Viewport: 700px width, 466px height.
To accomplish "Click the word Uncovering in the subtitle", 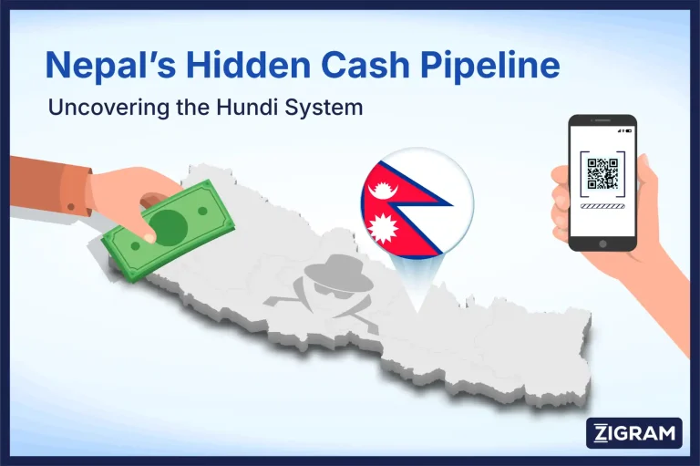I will click(x=101, y=107).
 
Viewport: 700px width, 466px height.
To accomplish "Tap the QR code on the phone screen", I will click(x=602, y=173).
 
